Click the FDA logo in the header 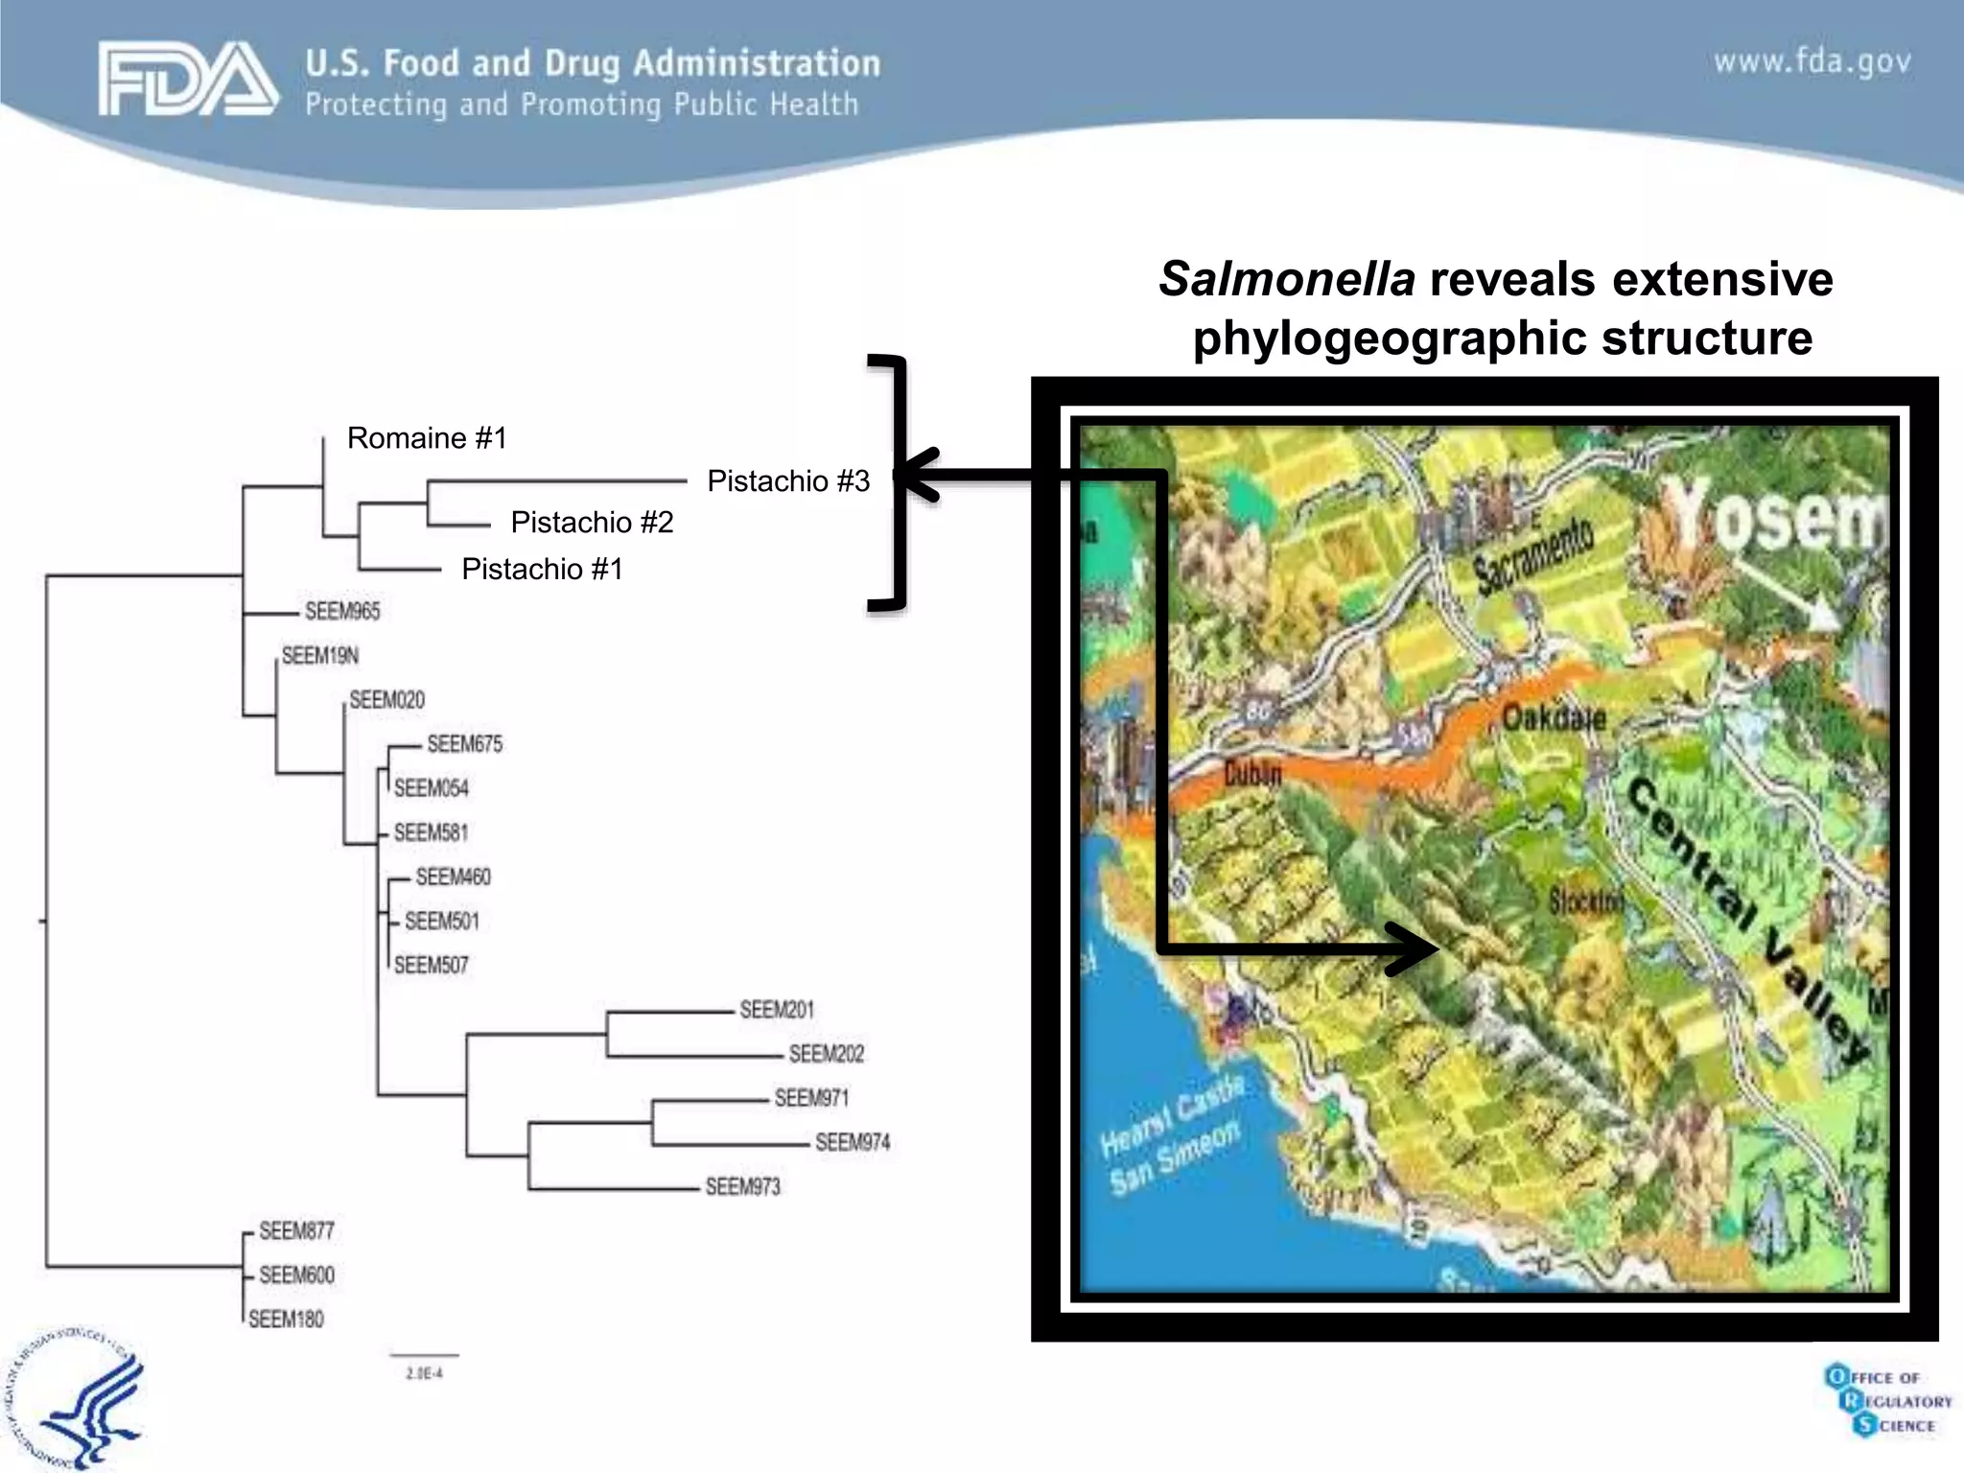tap(188, 80)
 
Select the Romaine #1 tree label tap(427, 438)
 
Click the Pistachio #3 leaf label tap(788, 481)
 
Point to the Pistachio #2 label tap(592, 523)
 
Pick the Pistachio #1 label tap(542, 570)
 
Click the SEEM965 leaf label tap(342, 612)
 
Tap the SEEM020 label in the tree tap(386, 700)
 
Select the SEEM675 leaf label tap(464, 744)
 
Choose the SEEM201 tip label tap(777, 1010)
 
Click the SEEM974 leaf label tap(853, 1142)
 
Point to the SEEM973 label tap(743, 1187)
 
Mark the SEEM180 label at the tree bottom tap(286, 1320)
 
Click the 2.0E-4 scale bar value tap(424, 1373)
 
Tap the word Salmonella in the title tap(1287, 280)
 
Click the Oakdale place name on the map tap(1554, 717)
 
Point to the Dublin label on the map tap(1252, 773)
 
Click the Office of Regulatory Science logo tap(1887, 1401)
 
